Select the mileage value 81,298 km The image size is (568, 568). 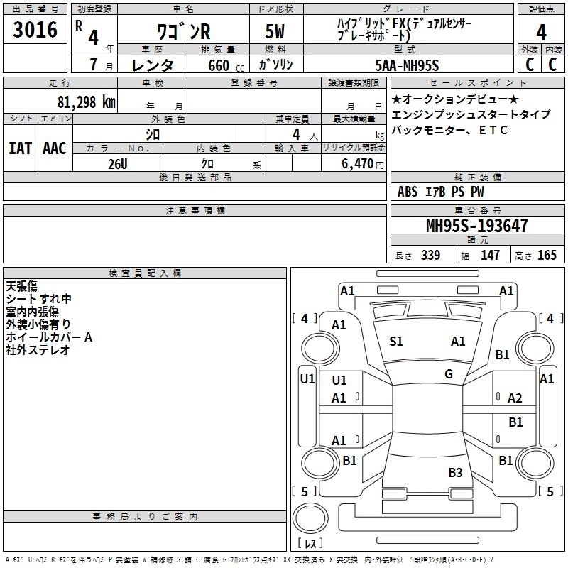82,102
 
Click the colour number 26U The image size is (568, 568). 117,163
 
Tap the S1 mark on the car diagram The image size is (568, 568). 396,342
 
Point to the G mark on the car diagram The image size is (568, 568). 449,374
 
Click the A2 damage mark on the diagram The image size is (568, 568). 515,398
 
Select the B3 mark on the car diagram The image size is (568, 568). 455,473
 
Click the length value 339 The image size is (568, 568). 430,256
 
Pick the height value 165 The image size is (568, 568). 547,256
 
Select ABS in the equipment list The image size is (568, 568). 408,192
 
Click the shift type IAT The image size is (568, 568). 21,148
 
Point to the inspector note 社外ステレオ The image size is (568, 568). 38,349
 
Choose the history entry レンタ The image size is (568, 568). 153,65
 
